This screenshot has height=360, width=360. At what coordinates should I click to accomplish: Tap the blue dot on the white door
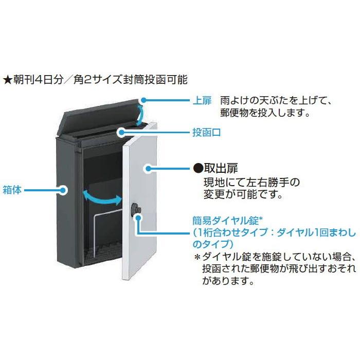148,168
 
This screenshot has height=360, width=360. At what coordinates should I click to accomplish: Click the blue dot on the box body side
63,190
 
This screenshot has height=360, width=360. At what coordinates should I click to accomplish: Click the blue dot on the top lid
145,100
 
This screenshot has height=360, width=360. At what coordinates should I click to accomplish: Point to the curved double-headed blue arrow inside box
103,196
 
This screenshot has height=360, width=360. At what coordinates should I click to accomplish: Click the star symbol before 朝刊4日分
8,80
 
